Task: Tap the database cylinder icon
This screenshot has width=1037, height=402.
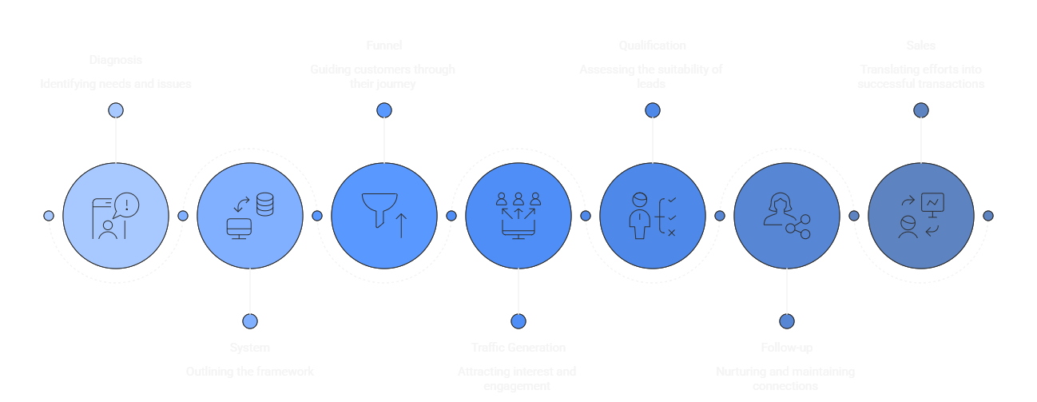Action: pyautogui.click(x=264, y=205)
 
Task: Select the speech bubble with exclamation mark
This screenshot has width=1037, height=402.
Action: pyautogui.click(x=126, y=205)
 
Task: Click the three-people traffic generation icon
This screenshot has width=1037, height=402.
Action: pyautogui.click(x=518, y=200)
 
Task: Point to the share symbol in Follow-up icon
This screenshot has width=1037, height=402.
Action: pyautogui.click(x=797, y=227)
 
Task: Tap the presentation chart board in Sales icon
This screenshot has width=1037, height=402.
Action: pyautogui.click(x=932, y=205)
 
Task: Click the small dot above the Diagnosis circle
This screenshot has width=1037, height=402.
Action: pyautogui.click(x=116, y=110)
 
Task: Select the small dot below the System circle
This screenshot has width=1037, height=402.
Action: pyautogui.click(x=250, y=321)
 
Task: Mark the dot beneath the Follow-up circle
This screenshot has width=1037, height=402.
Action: pyautogui.click(x=787, y=321)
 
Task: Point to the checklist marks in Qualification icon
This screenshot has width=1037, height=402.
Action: pyautogui.click(x=671, y=216)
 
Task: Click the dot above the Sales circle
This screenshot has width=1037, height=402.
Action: pyautogui.click(x=921, y=110)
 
